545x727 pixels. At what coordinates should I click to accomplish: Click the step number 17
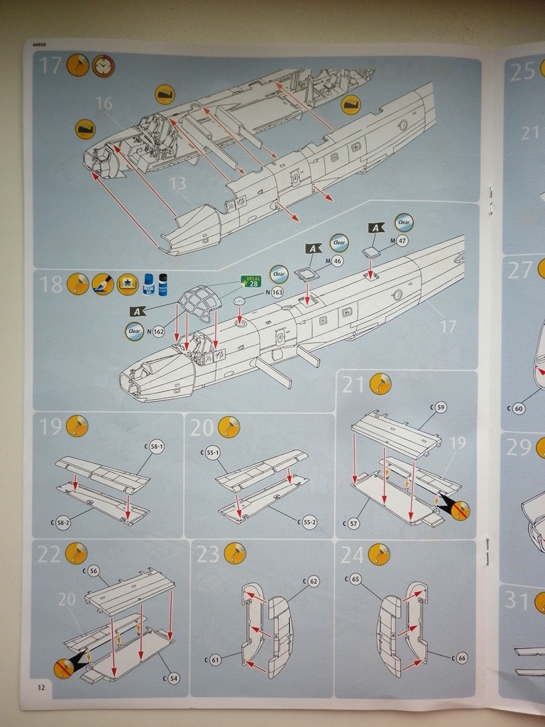[x=50, y=65]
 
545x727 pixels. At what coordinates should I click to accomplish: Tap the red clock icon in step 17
[x=103, y=65]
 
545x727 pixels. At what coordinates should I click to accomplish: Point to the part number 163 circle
[x=277, y=292]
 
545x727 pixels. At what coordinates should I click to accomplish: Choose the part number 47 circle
[x=402, y=241]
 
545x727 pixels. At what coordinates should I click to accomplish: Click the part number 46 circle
[x=338, y=261]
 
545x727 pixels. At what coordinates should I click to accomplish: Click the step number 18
[x=51, y=285]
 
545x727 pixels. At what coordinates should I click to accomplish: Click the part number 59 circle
[x=441, y=408]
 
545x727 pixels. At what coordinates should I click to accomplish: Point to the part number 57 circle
[x=353, y=523]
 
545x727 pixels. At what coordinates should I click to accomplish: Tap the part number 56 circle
[x=94, y=570]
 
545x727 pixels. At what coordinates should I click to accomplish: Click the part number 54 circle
[x=174, y=678]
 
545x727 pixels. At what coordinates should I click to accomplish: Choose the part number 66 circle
[x=461, y=658]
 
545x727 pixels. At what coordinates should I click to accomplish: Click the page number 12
[x=40, y=687]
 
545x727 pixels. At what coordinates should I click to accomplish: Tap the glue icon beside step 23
[x=235, y=553]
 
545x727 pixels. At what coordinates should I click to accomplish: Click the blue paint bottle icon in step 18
[x=148, y=284]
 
